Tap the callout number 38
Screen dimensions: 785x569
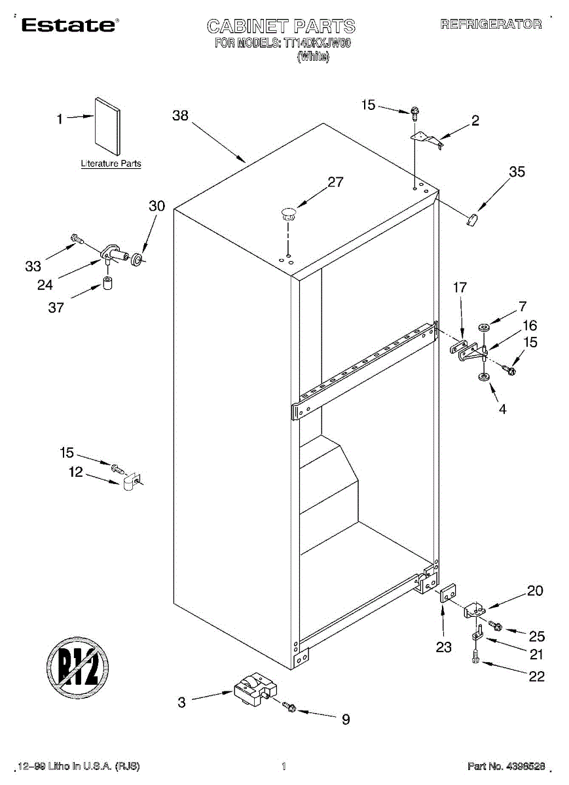tap(180, 116)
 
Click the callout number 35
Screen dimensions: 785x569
tap(517, 172)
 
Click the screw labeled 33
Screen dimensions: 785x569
tap(76, 240)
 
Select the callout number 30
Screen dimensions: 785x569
tap(156, 206)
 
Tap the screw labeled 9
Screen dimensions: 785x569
tap(289, 707)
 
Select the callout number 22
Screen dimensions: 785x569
tap(536, 677)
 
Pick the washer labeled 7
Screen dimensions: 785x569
tap(483, 326)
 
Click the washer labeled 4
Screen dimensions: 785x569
tap(483, 378)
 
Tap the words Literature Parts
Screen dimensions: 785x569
tap(111, 164)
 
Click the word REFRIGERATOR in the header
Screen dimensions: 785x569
tap(492, 25)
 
